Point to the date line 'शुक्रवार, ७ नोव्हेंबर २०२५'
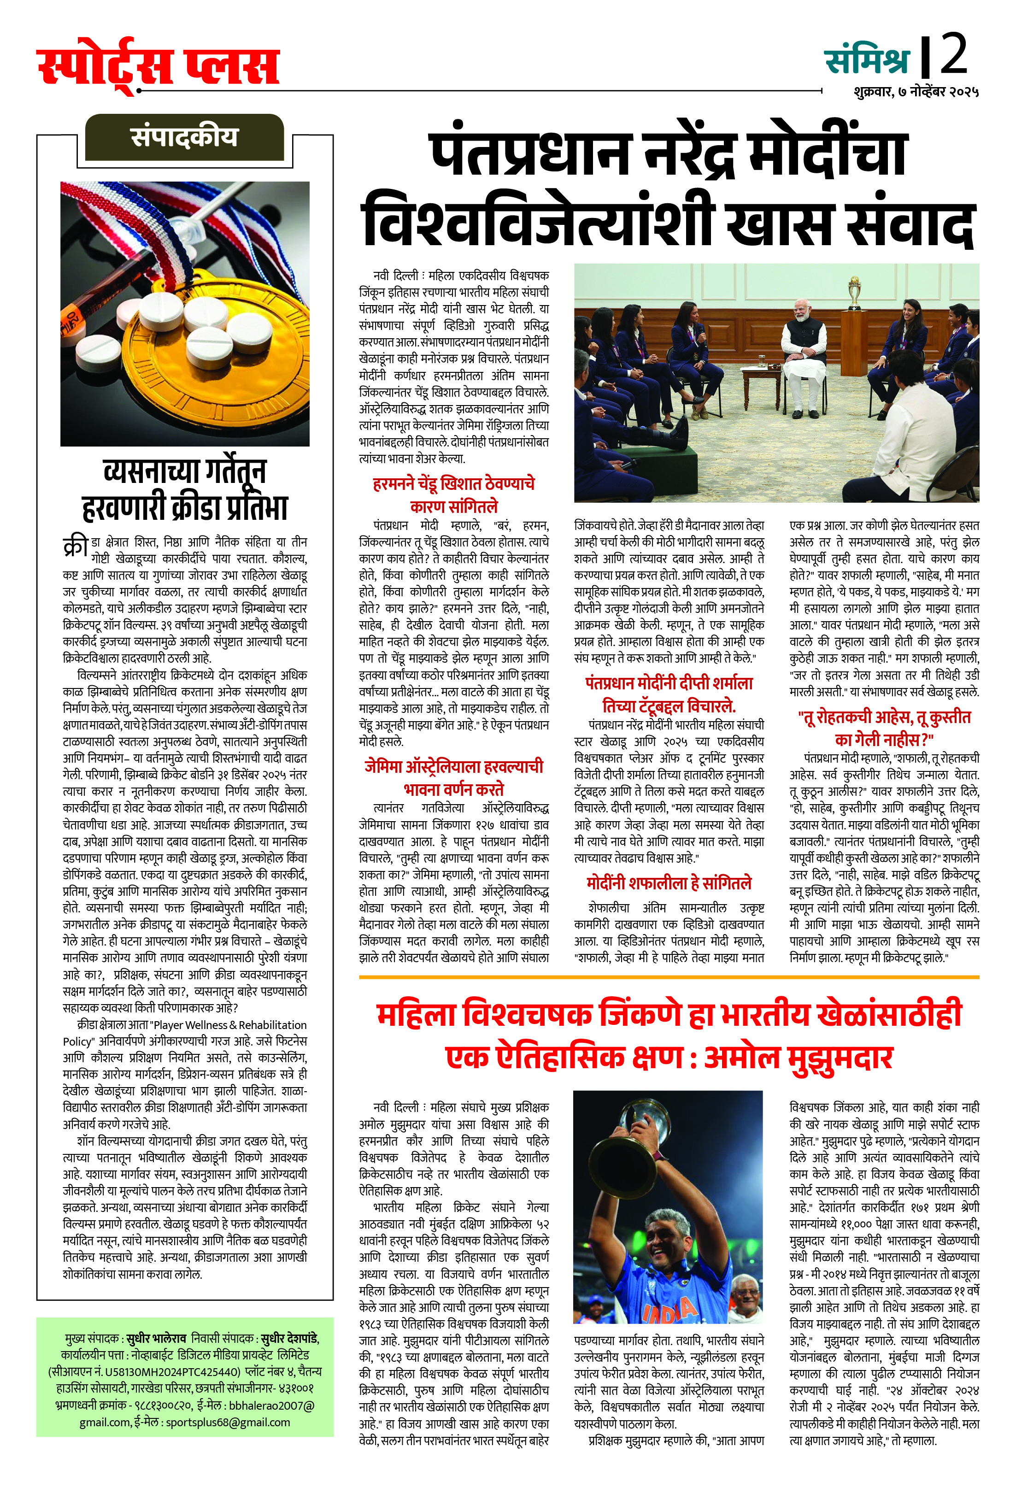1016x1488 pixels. tap(916, 92)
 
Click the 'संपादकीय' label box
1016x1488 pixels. tap(184, 137)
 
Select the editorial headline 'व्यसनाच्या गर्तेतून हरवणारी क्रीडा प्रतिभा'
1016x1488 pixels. tap(184, 490)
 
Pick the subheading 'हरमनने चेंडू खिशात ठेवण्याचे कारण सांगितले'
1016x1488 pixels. tap(454, 494)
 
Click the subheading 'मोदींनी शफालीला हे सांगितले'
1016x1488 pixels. tap(669, 883)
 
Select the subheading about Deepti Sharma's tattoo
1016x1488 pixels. tap(669, 694)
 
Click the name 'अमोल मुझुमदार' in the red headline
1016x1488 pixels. tap(799, 1057)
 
